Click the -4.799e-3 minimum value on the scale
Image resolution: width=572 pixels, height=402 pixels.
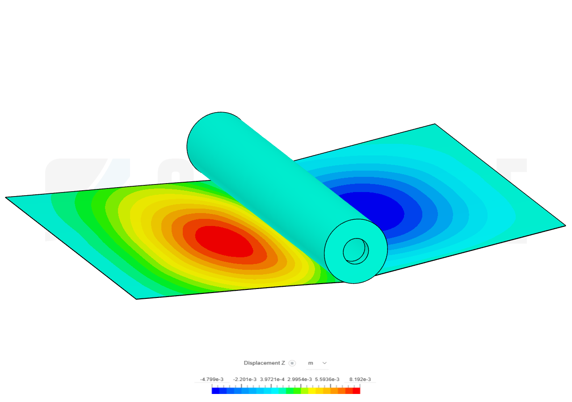tap(211, 379)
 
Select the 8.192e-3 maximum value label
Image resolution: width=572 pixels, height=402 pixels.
tap(360, 379)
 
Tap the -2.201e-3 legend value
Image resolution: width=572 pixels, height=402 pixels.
tap(244, 379)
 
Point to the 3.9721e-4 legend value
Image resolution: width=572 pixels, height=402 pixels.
tap(272, 379)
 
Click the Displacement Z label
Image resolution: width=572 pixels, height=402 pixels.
tap(264, 363)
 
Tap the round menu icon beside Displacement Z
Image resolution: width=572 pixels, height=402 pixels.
tap(292, 363)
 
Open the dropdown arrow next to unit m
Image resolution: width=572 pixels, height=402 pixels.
tap(324, 363)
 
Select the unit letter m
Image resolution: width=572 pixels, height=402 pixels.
tap(310, 363)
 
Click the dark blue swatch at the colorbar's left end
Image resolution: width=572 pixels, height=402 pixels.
tap(215, 391)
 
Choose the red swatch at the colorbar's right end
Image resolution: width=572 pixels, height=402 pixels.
tap(357, 391)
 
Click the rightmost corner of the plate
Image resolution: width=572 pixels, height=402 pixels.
tap(564, 226)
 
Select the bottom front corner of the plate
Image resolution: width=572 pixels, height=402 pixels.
tap(137, 297)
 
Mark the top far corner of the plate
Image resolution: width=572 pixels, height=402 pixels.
tap(435, 125)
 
